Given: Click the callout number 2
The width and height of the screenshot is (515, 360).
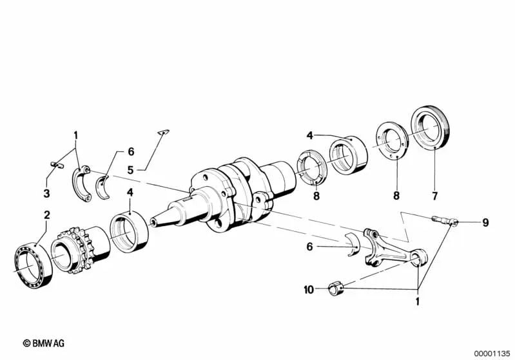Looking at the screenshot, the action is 47,215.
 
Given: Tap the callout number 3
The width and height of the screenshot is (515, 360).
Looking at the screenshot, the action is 46,193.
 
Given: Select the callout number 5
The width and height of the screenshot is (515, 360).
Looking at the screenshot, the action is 130,170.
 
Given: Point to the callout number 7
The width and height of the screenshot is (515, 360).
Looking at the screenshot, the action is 435,196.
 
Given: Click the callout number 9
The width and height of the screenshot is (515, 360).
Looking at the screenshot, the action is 485,223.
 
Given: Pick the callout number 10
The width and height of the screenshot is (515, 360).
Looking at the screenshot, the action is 309,290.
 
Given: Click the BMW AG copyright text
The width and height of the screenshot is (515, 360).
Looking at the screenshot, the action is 44,343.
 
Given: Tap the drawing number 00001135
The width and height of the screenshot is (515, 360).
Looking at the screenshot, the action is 492,354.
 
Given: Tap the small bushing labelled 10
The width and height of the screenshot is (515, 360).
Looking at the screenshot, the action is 336,288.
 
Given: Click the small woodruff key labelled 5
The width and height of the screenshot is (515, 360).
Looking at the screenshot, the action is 163,132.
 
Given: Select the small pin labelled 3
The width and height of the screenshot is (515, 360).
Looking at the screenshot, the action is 57,165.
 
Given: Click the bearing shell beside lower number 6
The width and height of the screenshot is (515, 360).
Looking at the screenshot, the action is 353,245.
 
